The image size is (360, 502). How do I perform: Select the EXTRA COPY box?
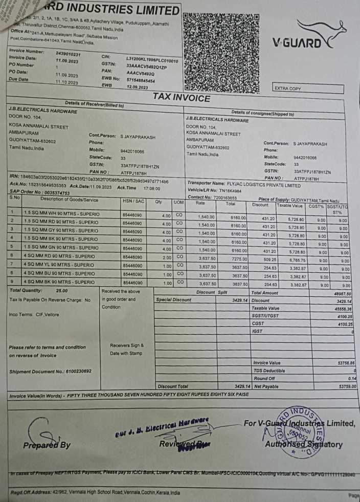pyautogui.click(x=287, y=89)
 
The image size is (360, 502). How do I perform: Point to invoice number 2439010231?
pyautogui.click(x=68, y=54)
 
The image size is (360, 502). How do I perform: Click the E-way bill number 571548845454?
pyautogui.click(x=141, y=81)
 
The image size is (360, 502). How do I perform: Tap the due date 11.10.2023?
pyautogui.click(x=67, y=82)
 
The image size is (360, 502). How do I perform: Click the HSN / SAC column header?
pyautogui.click(x=133, y=202)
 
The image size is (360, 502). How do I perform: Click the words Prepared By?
pyautogui.click(x=47, y=445)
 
